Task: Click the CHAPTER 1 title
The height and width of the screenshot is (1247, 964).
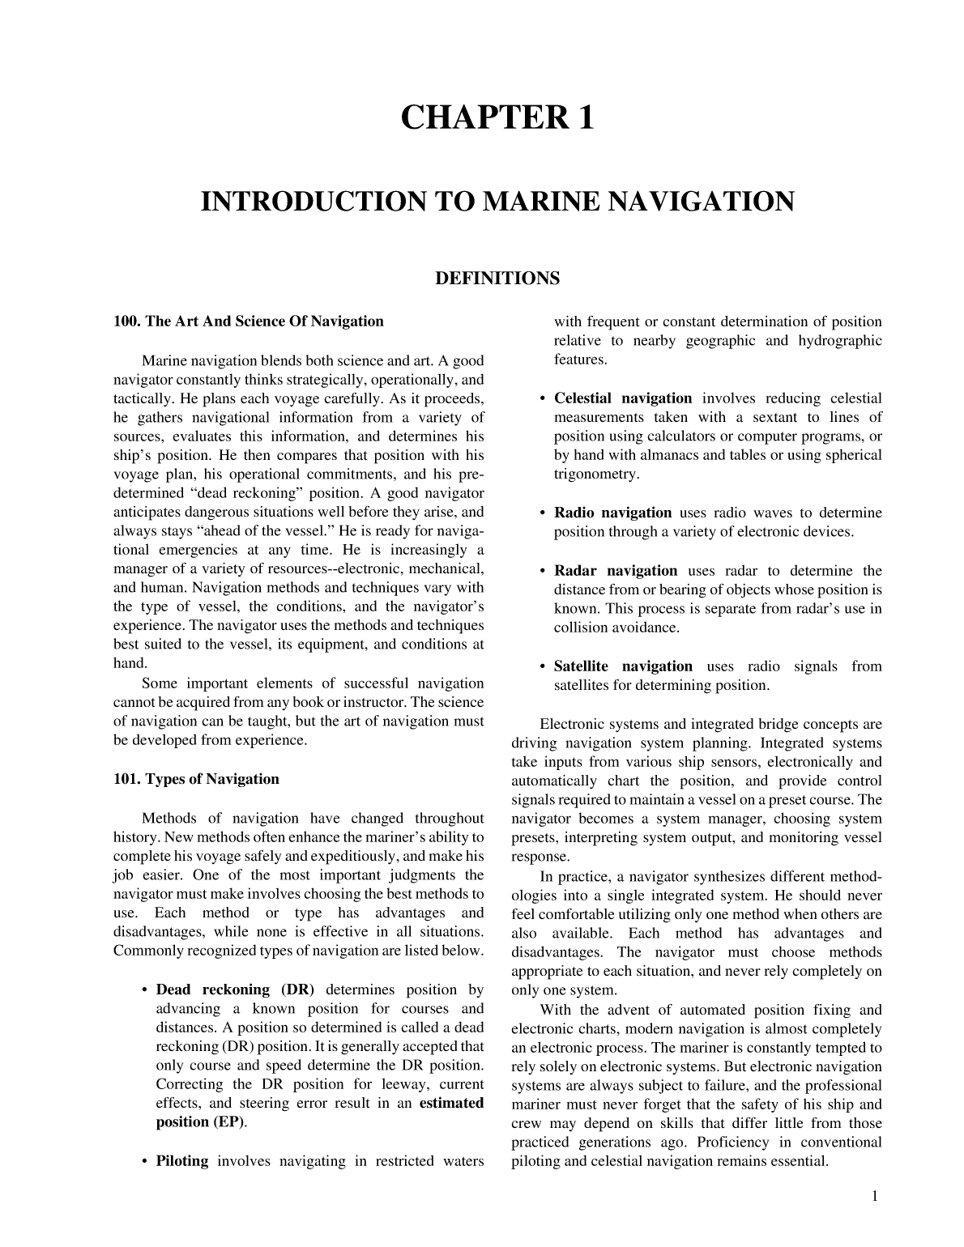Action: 497,118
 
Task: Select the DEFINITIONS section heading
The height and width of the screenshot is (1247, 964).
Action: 497,279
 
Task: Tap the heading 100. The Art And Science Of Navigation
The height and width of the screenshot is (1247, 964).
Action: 249,321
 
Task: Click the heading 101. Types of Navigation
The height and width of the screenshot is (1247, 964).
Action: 196,779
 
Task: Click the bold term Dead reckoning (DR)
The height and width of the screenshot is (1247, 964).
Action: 235,990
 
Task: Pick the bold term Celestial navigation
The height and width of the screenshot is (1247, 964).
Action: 622,398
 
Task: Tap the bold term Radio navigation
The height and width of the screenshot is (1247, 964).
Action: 612,513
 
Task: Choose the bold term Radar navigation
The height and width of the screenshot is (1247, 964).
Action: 615,571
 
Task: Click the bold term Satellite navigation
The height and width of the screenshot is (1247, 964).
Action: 622,666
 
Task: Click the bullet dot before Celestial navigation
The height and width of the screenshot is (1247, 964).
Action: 541,399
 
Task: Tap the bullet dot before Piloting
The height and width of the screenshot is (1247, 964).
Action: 143,1162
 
